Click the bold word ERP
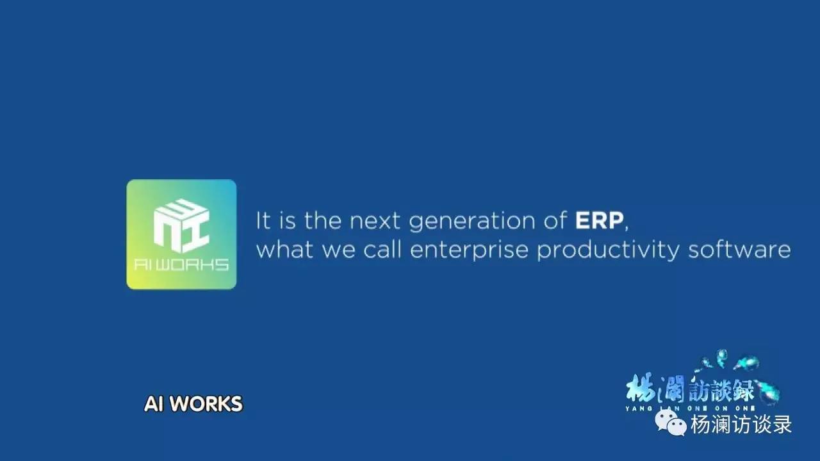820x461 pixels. pos(599,220)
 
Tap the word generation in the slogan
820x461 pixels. pos(473,222)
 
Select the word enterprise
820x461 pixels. pos(470,250)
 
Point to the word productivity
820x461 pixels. pos(608,250)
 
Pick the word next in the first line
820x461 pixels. pos(375,221)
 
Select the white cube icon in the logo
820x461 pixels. pos(181,226)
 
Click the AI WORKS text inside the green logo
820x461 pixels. pos(181,264)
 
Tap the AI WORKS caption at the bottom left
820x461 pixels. pos(193,404)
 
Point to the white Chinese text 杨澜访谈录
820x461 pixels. pos(741,424)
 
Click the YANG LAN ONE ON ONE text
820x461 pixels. pos(690,408)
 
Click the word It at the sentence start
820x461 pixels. pos(263,220)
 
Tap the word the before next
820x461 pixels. pos(323,220)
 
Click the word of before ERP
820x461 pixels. pos(555,220)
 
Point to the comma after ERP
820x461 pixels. pos(627,227)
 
